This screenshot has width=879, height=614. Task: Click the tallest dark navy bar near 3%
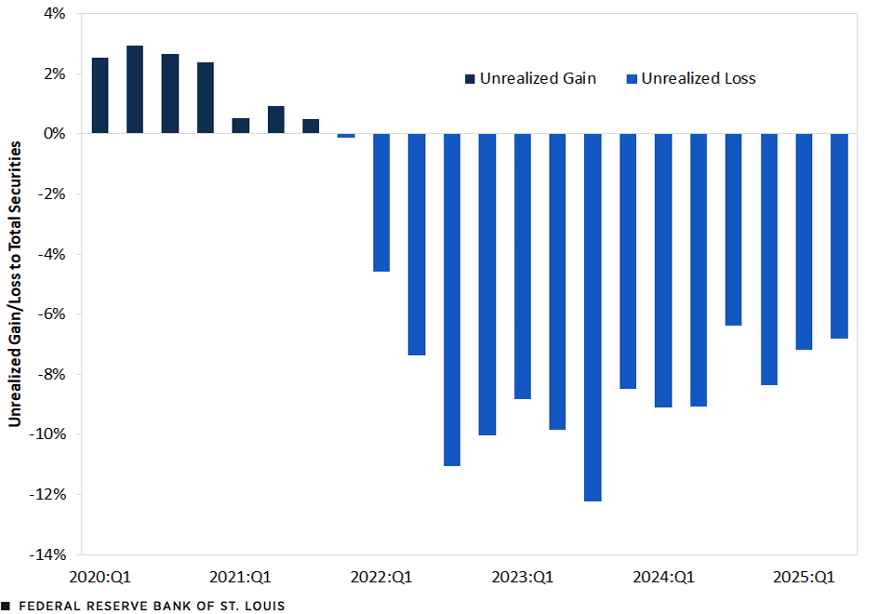coord(135,89)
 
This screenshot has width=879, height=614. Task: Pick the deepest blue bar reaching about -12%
coord(593,316)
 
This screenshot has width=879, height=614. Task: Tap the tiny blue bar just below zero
coord(346,136)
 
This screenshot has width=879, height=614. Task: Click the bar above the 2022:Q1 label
coord(381,203)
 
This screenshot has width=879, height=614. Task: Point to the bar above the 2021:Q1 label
coord(241,126)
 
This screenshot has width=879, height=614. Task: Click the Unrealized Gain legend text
coord(538,79)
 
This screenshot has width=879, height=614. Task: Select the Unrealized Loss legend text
coord(699,79)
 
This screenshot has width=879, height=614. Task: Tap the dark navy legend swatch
coord(470,79)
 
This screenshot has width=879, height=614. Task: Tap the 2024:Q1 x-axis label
coord(663,577)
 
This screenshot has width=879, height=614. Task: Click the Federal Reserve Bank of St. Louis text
coord(152,606)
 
